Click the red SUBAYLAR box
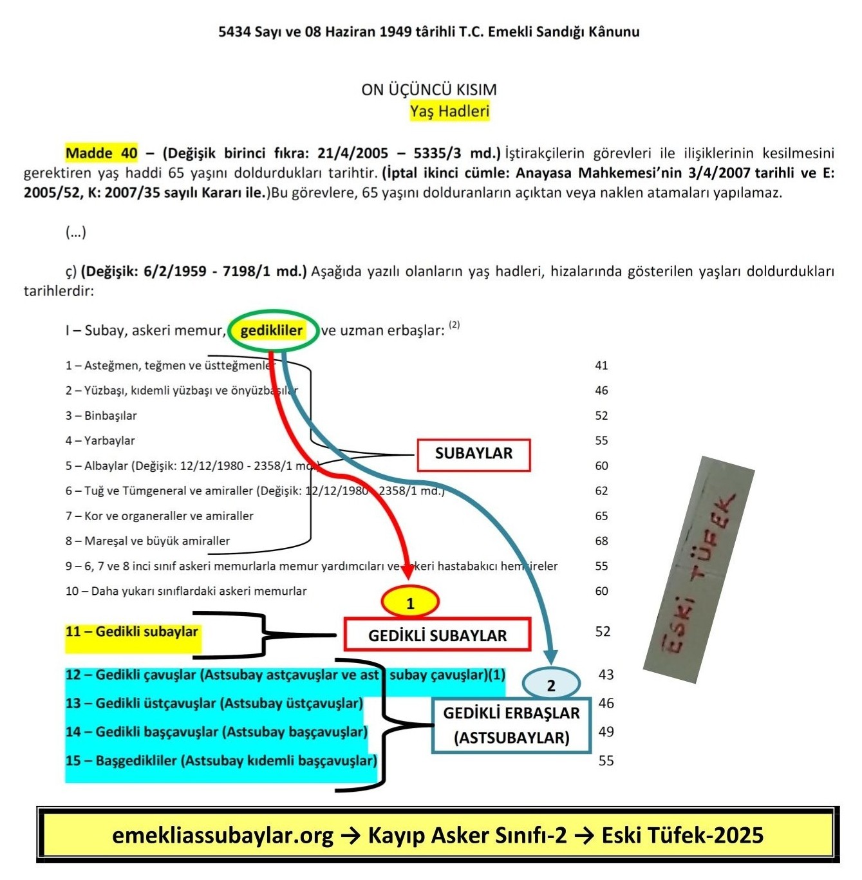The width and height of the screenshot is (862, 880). click(474, 454)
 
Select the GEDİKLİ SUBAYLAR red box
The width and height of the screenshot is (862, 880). click(437, 635)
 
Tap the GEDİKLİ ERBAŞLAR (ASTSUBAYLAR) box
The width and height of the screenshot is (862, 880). click(511, 725)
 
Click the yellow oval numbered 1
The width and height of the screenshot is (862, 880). click(410, 603)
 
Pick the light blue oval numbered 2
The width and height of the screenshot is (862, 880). click(550, 684)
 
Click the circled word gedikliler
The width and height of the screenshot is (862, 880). click(272, 331)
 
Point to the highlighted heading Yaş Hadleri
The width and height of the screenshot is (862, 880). click(449, 111)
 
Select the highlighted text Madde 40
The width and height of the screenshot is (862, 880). click(102, 153)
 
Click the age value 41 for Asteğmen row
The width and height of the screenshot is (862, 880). click(601, 366)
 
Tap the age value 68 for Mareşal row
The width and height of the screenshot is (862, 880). click(601, 541)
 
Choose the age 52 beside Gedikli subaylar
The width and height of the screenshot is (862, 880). click(602, 632)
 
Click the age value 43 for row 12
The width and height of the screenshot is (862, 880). click(606, 675)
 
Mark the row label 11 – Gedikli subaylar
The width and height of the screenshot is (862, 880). click(132, 632)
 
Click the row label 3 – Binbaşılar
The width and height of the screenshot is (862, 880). click(101, 416)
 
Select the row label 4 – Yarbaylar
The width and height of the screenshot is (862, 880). click(100, 441)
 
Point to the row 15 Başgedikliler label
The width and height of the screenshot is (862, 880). click(221, 761)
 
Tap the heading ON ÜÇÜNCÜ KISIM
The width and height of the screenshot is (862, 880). click(429, 89)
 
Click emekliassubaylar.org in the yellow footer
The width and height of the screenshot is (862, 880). click(223, 836)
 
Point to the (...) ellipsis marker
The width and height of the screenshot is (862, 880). click(76, 232)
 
